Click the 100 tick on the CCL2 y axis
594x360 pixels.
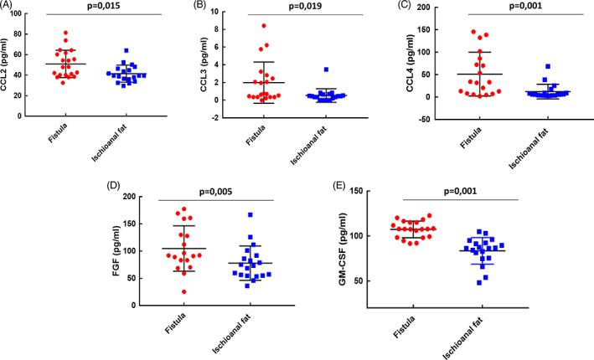(27, 11)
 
